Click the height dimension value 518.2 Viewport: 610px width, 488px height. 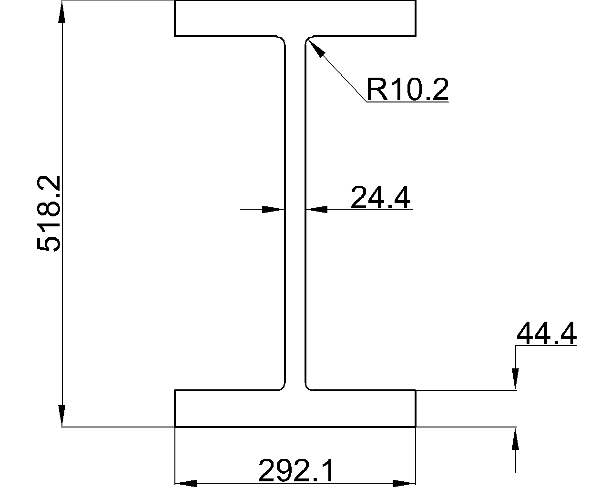[49, 213]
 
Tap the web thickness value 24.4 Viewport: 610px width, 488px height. [380, 197]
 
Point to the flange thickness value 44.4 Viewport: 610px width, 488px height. [547, 333]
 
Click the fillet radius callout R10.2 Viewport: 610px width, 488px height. [407, 89]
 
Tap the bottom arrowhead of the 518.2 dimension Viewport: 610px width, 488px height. [62, 416]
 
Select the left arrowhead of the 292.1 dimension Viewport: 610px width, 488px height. [186, 483]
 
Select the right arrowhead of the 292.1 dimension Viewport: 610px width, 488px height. [405, 483]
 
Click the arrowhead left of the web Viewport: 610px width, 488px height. [273, 210]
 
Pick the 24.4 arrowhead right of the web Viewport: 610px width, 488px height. [317, 210]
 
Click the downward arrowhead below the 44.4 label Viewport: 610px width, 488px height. [515, 379]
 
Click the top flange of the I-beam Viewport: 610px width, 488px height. [295, 19]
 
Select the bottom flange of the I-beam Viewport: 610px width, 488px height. [295, 408]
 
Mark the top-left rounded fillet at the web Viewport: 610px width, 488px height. [283, 39]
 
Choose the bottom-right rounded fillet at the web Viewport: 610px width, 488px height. [307, 387]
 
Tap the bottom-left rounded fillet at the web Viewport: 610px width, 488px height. [283, 387]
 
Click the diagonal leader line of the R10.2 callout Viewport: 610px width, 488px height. [337, 71]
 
